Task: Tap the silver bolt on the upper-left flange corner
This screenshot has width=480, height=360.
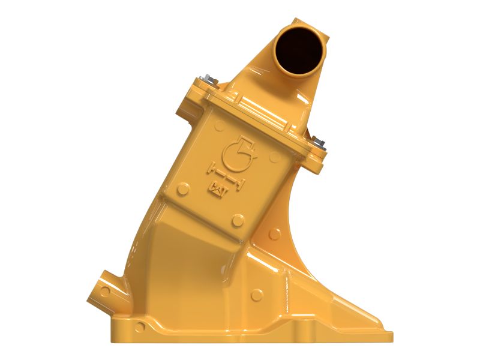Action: pos(206,79)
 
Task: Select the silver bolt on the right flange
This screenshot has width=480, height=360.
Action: pos(318,142)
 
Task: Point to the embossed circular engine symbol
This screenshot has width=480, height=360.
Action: pos(236,154)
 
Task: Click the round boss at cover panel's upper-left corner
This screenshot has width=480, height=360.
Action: pos(220,126)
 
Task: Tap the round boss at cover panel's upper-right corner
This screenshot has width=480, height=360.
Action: pos(275,157)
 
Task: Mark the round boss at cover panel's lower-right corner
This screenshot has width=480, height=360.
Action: pos(238,221)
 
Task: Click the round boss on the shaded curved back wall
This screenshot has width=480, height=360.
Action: pos(277,232)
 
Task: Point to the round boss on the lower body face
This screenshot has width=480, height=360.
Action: pos(257,295)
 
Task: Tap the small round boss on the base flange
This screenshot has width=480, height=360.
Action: pos(140,328)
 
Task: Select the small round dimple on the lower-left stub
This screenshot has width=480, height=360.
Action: pos(106,292)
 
